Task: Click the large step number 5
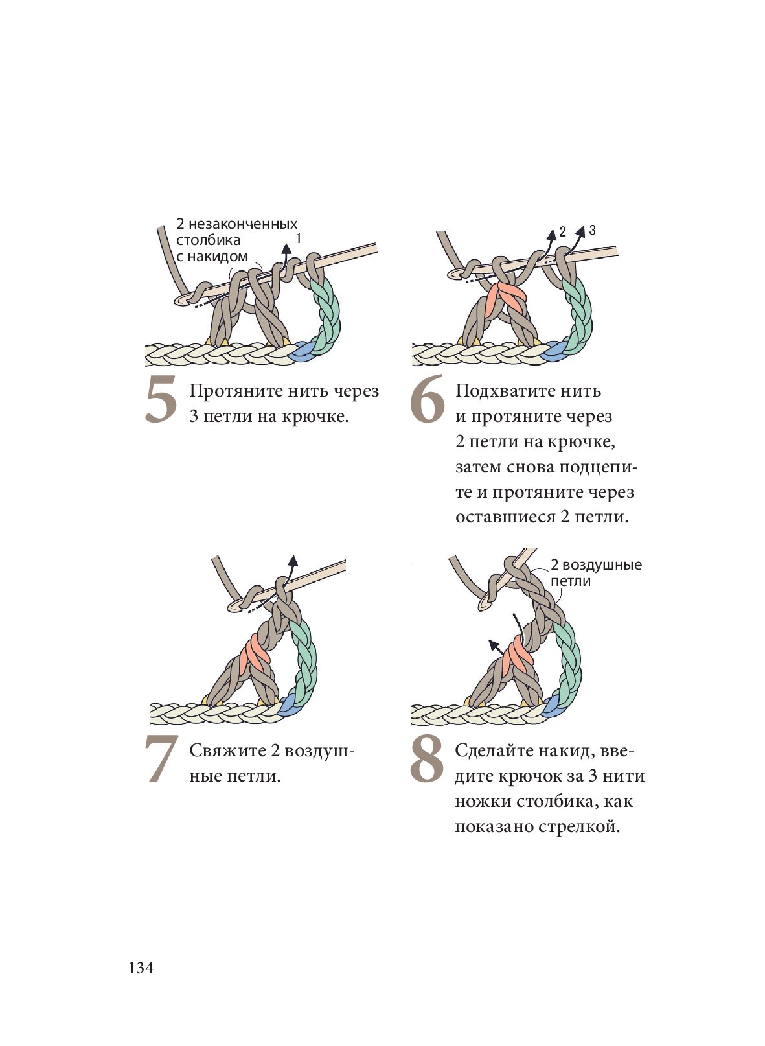(x=161, y=399)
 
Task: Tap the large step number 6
(x=427, y=399)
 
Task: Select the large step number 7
(x=161, y=760)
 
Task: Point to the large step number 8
(x=426, y=759)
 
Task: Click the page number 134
(x=141, y=968)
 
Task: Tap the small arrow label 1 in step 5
(x=298, y=238)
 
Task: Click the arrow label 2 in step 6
(x=562, y=231)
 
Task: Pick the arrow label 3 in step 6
(x=592, y=230)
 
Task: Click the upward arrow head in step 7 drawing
(x=293, y=561)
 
